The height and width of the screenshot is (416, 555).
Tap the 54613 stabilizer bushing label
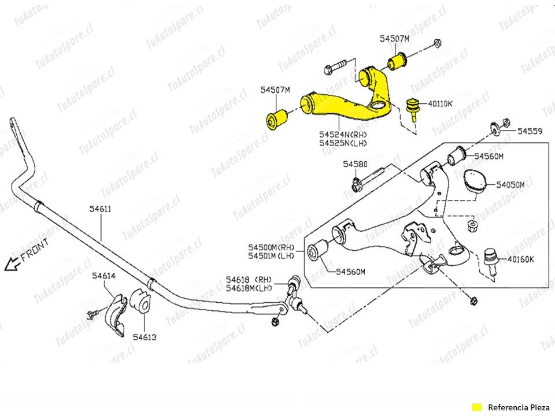144,336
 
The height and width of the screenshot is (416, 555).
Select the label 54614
104,276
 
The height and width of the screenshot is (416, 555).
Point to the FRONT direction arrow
12,265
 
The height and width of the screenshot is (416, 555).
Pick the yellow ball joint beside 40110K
413,106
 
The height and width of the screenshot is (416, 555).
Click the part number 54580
354,165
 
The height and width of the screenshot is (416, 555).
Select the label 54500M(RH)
272,247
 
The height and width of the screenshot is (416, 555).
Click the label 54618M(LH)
249,288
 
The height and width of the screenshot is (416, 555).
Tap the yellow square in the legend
476,406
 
